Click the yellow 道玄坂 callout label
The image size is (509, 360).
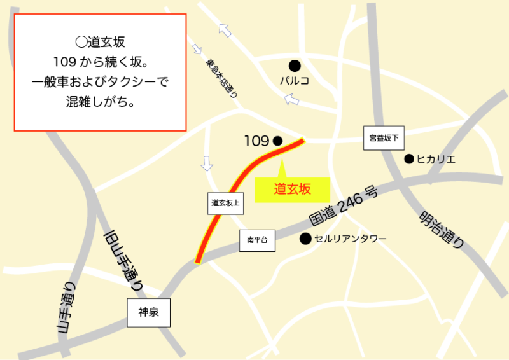(x=292, y=189)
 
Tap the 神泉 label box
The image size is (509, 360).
(x=148, y=313)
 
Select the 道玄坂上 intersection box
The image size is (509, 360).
(x=225, y=204)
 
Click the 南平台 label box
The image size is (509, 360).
(x=257, y=240)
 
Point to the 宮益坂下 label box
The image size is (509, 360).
(x=384, y=138)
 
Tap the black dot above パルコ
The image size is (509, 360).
(x=295, y=65)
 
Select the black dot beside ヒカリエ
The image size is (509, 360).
(x=409, y=159)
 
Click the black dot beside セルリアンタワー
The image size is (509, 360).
(x=305, y=239)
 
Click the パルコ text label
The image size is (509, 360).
(x=295, y=81)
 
